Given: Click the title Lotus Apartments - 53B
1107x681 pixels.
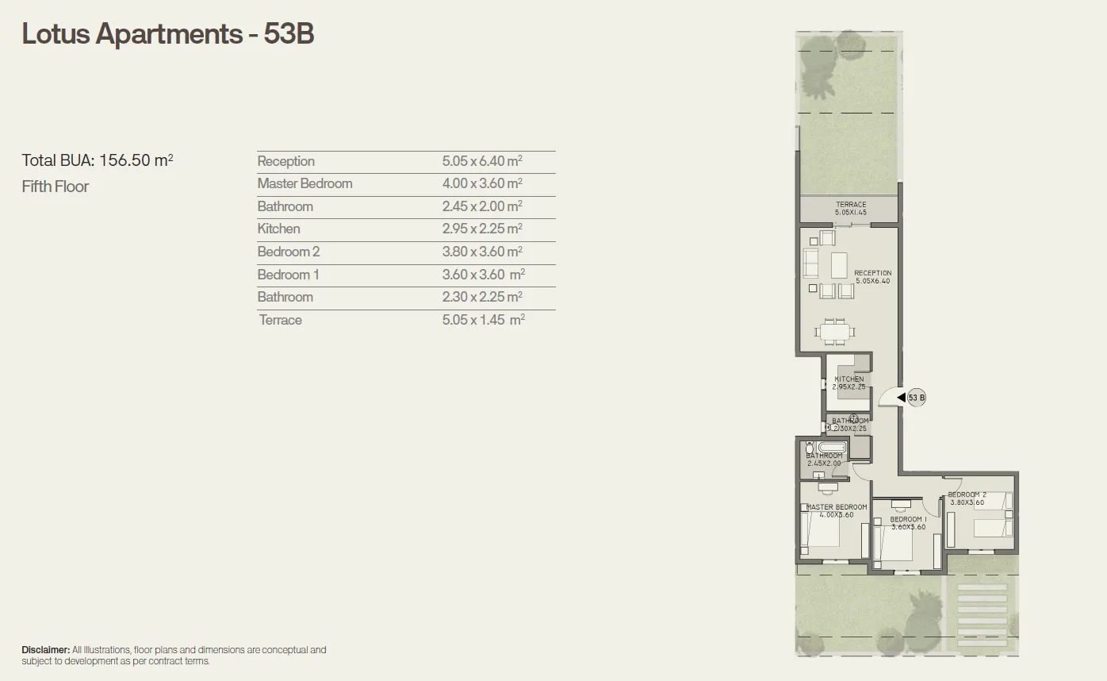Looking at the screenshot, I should [x=168, y=34].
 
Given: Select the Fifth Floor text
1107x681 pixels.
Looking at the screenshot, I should [x=56, y=187].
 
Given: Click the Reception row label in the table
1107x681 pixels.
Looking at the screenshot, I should [x=286, y=161].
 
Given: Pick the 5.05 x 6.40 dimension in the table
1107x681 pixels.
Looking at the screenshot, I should [x=482, y=161].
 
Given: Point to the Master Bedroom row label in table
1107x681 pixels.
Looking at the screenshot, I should [x=305, y=183].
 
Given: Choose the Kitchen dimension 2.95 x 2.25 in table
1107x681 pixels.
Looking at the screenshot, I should [x=482, y=229].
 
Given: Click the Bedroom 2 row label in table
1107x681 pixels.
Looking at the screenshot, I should [x=289, y=252].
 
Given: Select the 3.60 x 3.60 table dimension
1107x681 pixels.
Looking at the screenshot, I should [x=483, y=275].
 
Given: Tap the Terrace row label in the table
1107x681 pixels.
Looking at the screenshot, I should [x=281, y=320].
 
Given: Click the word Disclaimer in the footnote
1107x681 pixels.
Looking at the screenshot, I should [x=45, y=650].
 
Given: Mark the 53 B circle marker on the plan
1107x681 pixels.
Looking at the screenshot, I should [x=917, y=398].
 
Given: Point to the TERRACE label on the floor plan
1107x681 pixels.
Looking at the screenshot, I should [x=851, y=205].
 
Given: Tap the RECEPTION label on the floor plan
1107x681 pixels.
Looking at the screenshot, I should [x=872, y=273].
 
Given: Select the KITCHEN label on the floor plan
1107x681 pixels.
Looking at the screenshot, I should [x=849, y=379].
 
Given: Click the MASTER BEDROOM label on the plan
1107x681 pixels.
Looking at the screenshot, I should [x=837, y=507].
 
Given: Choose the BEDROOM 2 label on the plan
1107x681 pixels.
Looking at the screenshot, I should [x=967, y=494].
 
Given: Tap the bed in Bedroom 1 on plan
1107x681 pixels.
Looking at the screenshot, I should [x=891, y=548].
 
